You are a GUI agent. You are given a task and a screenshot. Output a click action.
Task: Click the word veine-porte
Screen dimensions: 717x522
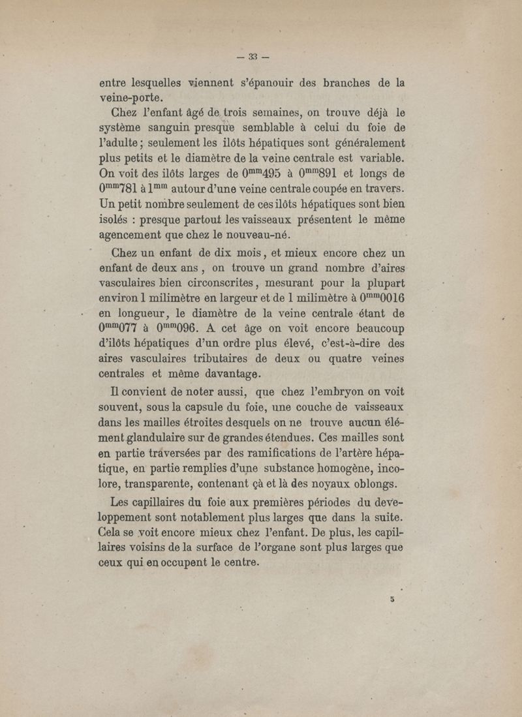[130, 97]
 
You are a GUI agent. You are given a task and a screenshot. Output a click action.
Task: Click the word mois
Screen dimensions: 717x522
[239, 254]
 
